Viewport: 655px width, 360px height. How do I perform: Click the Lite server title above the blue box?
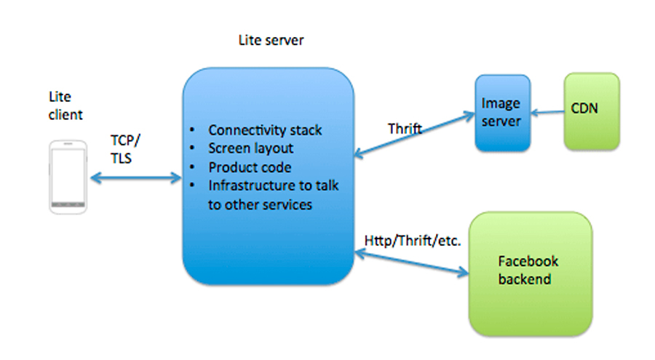point(271,40)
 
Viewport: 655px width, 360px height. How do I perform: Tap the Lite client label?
point(65,105)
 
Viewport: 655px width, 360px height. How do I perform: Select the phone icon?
point(68,177)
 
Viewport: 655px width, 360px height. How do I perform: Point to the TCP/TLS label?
point(125,149)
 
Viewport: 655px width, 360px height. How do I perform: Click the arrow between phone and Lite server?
point(136,178)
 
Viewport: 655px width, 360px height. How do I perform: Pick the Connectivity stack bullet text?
point(265,130)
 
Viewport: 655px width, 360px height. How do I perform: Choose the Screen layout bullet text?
point(250,148)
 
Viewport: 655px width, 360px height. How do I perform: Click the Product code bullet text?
point(250,167)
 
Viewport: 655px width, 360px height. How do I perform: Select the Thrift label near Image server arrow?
point(405,129)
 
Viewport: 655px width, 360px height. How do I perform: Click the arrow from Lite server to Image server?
point(414,135)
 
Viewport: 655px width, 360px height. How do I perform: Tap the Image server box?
point(502,113)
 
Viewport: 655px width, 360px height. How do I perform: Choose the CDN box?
point(592,111)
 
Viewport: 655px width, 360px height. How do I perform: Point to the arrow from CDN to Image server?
point(547,112)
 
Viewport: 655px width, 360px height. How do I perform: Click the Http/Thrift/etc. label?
point(413,241)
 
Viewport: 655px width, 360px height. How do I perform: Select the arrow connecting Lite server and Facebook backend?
point(411,263)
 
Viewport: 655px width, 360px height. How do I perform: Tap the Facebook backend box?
point(531,274)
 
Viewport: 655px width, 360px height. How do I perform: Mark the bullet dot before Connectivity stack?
point(191,130)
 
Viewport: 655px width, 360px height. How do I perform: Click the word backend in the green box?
point(525,279)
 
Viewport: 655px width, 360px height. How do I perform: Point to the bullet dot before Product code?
point(191,167)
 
